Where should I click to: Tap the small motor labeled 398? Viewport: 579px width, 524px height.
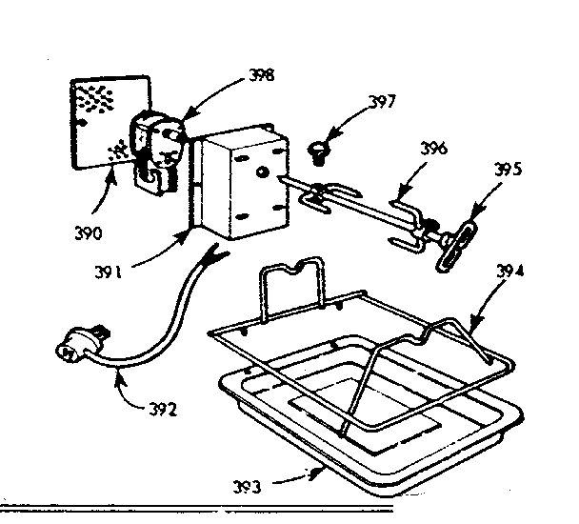pyautogui.click(x=158, y=143)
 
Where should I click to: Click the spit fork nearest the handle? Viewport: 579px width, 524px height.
pyautogui.click(x=408, y=229)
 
